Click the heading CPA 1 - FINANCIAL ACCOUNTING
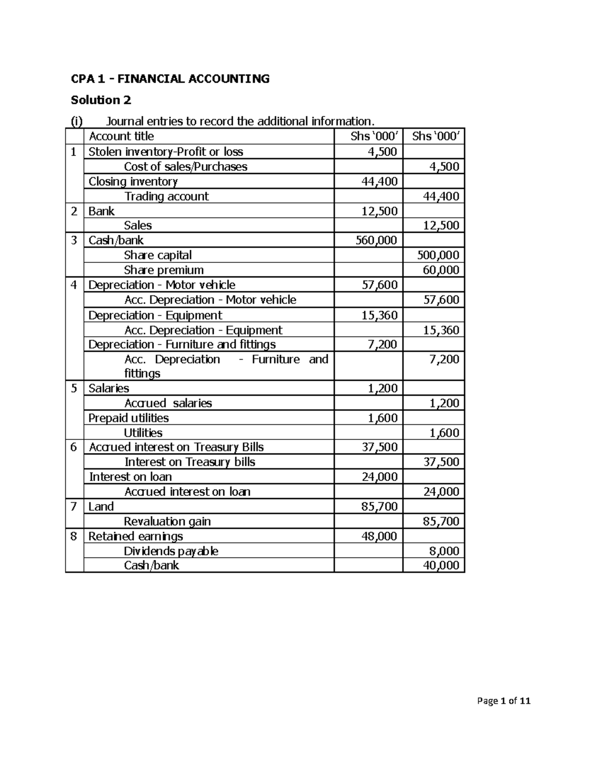click(x=170, y=79)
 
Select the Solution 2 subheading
click(x=101, y=100)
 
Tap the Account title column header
click(x=121, y=136)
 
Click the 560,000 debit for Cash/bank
click(x=376, y=240)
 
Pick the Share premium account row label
click(x=164, y=270)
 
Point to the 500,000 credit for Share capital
click(x=438, y=255)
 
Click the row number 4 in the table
click(x=74, y=285)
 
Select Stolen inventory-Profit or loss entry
click(x=166, y=151)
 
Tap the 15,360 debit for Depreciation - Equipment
click(x=379, y=315)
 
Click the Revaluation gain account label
click(x=167, y=521)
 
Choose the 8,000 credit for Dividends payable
click(x=444, y=551)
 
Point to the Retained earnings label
click(x=135, y=536)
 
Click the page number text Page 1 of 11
click(x=504, y=701)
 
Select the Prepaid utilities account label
click(x=128, y=418)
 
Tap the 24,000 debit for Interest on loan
click(x=379, y=477)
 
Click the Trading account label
click(x=166, y=196)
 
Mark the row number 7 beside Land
click(x=74, y=506)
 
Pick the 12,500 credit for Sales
click(x=441, y=226)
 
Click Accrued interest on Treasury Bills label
click(x=176, y=447)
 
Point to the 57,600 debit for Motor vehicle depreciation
click(x=379, y=285)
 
